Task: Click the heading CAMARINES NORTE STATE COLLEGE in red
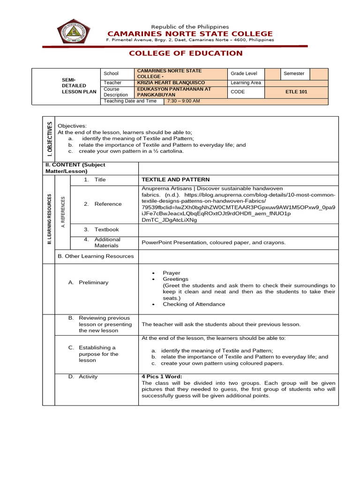coord(190,34)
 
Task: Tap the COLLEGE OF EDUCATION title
coord(186,53)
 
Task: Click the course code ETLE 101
coord(296,92)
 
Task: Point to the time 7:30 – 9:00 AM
coord(183,101)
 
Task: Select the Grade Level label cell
coord(244,74)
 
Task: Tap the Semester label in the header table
coord(294,74)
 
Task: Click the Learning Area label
coord(246,83)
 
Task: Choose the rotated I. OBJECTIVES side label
coord(49,139)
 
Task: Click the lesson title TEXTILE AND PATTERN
coord(175,180)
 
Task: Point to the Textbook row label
coord(106,230)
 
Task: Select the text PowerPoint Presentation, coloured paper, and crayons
coord(213,242)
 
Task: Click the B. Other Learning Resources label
coord(96,256)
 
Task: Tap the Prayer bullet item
coord(171,273)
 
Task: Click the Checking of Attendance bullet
coord(194,304)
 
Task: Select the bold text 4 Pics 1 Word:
coord(162,376)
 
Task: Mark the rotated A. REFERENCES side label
coord(63,212)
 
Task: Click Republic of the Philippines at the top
coord(190,27)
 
